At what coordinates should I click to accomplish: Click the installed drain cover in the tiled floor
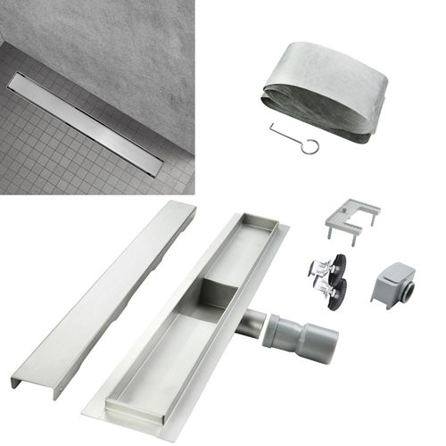click(x=87, y=123)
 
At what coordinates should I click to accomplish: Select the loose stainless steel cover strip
click(x=99, y=299)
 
